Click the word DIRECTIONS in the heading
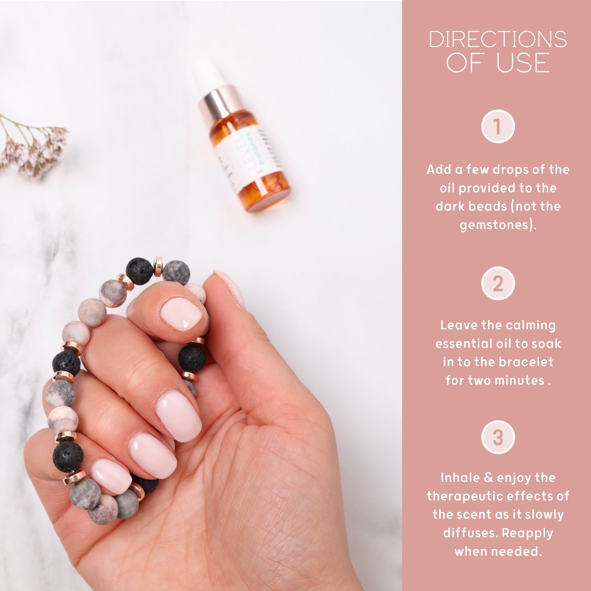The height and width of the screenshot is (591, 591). point(498,39)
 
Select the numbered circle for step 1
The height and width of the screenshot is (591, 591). point(498,126)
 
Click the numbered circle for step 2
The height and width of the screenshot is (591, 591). point(498,284)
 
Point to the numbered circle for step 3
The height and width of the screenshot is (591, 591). point(498,437)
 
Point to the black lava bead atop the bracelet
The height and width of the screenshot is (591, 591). point(139,271)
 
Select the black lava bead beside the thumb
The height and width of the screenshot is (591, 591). point(193,358)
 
